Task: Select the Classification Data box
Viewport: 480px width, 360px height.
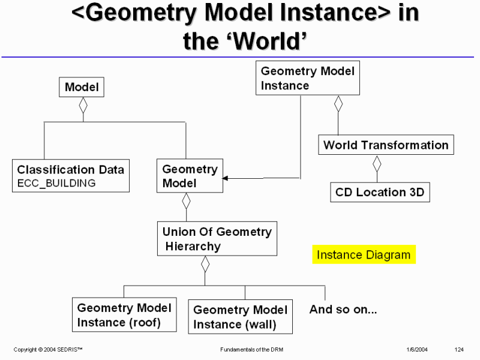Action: [71, 175]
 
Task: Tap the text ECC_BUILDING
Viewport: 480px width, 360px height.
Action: [56, 184]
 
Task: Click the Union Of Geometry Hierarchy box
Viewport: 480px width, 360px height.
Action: [217, 238]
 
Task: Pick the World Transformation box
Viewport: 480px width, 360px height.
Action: [386, 145]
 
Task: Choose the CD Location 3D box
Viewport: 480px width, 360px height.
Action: [380, 193]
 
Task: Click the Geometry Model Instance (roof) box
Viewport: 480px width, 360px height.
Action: [124, 315]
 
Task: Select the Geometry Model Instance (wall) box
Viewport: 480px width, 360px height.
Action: [241, 317]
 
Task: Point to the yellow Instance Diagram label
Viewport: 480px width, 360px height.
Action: [364, 254]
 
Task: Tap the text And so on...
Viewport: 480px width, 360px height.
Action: [343, 310]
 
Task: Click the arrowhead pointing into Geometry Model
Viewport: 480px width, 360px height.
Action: [226, 178]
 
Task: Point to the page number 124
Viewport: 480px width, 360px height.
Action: [460, 349]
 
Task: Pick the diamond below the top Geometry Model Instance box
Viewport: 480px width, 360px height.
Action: [338, 103]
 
